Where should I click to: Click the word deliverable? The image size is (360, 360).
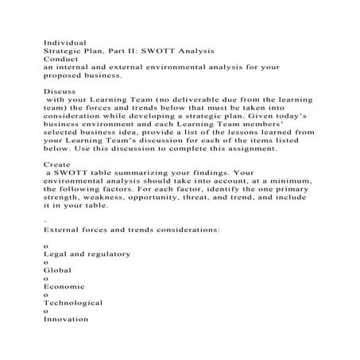pos(190,104)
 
